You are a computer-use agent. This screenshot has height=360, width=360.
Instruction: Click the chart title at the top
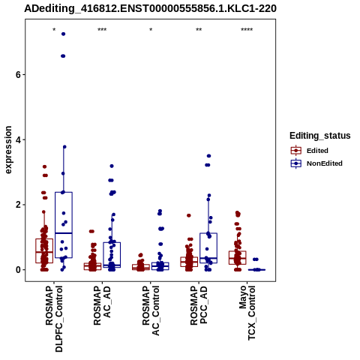[x=150, y=8]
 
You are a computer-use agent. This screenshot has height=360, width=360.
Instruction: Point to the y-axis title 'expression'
[x=8, y=150]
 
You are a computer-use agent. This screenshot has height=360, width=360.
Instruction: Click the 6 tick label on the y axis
[x=18, y=75]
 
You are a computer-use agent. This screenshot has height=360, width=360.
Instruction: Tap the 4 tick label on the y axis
[x=18, y=139]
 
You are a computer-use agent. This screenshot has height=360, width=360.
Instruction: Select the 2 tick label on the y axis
[x=18, y=205]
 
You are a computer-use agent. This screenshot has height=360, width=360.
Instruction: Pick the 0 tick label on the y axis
[x=18, y=270]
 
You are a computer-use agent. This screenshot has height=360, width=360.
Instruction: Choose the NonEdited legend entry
[x=316, y=163]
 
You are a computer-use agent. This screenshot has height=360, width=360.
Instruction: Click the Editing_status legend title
[x=320, y=136]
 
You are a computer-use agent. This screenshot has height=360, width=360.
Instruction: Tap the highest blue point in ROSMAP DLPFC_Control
[x=64, y=34]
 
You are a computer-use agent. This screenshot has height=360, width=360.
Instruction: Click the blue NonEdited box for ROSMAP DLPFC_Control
[x=64, y=225]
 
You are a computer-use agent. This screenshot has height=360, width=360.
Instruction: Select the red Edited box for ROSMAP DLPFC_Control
[x=44, y=250]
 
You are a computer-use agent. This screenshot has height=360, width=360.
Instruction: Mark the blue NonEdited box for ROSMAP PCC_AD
[x=208, y=248]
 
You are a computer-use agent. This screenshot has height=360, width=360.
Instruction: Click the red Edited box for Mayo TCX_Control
[x=238, y=258]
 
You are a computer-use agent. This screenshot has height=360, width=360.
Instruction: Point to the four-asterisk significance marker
[x=247, y=30]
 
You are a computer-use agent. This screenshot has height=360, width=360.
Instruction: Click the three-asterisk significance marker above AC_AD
[x=102, y=30]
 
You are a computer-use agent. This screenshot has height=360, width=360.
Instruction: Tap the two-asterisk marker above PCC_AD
[x=199, y=30]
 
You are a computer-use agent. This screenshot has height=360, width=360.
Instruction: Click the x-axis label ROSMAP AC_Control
[x=151, y=310]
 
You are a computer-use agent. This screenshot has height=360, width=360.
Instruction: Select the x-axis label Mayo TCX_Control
[x=247, y=313]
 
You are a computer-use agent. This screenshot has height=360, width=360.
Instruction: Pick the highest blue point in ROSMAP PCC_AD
[x=208, y=156]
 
